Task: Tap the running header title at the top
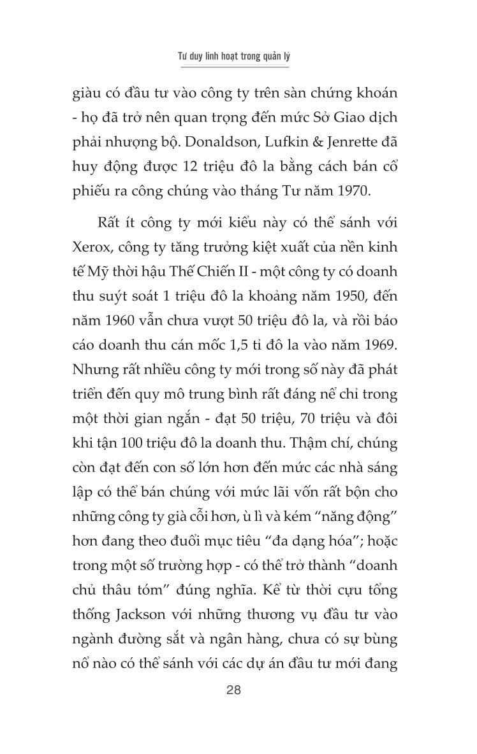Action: (x=233, y=56)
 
